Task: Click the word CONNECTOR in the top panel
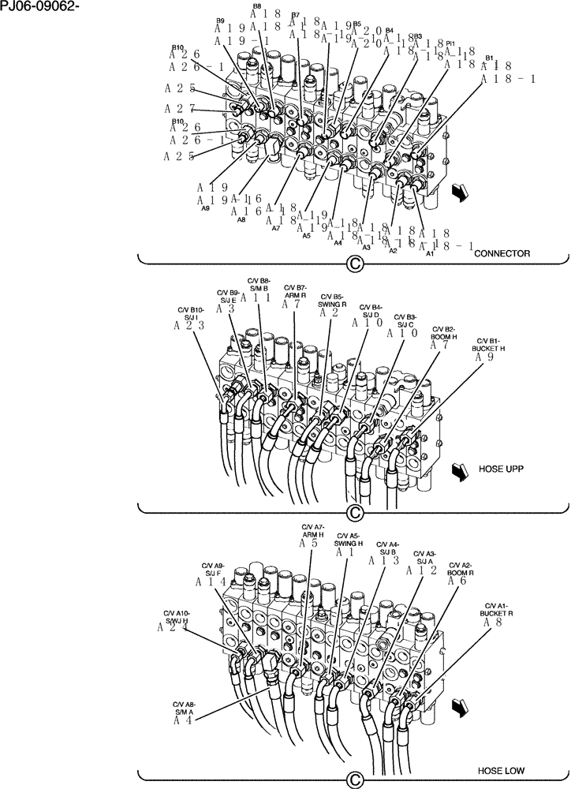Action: point(502,253)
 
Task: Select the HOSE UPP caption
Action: point(501,469)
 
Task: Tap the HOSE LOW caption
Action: point(502,770)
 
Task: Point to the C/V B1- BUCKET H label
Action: point(487,343)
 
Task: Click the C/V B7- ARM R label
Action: point(295,292)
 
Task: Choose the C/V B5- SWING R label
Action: point(333,301)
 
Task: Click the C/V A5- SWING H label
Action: point(348,540)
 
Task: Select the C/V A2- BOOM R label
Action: point(461,569)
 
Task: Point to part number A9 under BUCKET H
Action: point(485,357)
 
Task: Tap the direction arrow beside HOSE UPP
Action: point(458,471)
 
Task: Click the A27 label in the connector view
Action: point(180,109)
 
